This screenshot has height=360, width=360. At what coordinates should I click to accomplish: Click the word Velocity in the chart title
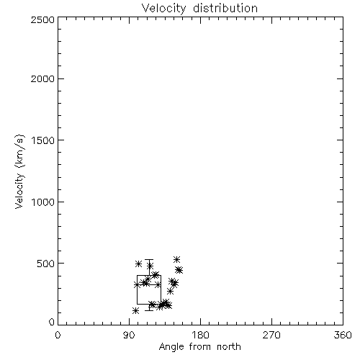163,9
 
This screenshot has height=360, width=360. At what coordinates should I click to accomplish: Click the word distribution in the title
225,8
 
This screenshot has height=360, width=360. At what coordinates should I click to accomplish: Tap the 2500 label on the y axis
42,19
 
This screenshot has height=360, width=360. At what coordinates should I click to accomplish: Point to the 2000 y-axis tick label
42,78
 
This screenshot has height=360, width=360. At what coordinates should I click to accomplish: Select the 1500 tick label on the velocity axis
43,140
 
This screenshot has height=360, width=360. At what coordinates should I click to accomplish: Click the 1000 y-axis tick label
43,202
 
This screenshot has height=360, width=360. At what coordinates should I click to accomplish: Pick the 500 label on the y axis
46,264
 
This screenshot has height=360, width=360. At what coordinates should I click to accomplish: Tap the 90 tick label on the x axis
129,336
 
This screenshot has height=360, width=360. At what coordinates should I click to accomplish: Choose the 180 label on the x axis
200,336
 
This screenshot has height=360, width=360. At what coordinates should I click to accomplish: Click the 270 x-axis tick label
271,336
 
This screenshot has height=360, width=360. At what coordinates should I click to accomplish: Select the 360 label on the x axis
343,336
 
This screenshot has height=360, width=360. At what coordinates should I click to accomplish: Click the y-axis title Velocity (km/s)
19,171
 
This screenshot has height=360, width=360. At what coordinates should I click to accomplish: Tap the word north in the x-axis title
229,347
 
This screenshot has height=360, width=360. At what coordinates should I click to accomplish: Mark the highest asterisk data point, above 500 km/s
177,259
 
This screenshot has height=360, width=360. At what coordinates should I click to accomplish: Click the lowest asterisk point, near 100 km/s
135,311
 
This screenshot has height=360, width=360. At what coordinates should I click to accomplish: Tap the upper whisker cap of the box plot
149,260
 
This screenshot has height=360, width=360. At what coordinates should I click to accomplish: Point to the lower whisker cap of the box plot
149,310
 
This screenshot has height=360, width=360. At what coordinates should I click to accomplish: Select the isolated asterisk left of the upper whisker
138,264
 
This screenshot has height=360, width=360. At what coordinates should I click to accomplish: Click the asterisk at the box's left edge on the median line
138,285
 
